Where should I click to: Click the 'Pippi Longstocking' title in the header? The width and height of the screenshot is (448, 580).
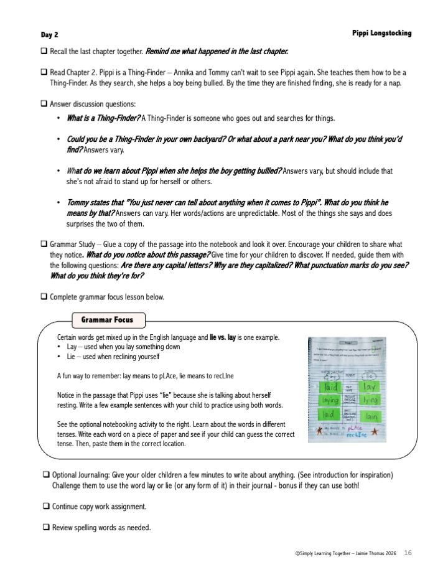381,33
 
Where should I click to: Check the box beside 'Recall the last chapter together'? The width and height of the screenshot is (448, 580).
44,50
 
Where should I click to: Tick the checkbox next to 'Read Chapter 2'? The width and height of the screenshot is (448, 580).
44,72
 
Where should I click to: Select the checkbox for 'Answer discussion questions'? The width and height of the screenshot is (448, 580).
44,103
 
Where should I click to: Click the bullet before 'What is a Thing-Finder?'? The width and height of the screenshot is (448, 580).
58,118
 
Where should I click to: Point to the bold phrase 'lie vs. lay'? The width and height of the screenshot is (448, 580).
223,337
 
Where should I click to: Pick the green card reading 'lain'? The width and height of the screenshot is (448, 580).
371,414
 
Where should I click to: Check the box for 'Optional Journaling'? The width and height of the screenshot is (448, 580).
46,475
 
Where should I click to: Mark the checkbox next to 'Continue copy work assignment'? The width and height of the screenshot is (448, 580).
46,507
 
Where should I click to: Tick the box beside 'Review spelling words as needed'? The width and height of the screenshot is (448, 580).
46,528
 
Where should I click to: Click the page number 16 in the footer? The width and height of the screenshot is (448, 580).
408,553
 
